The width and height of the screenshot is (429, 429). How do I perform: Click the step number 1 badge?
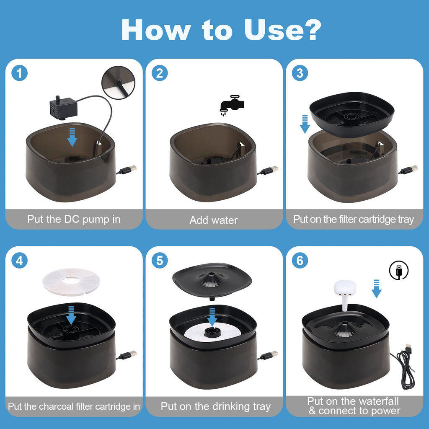(19, 73)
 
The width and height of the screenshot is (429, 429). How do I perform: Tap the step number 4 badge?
(19, 261)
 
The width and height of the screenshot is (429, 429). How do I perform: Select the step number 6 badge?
(300, 261)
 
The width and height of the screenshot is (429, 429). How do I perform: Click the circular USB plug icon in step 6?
(398, 270)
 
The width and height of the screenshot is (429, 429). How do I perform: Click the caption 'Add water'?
(214, 220)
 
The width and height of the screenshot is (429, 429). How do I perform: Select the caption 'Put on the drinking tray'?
(215, 406)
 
